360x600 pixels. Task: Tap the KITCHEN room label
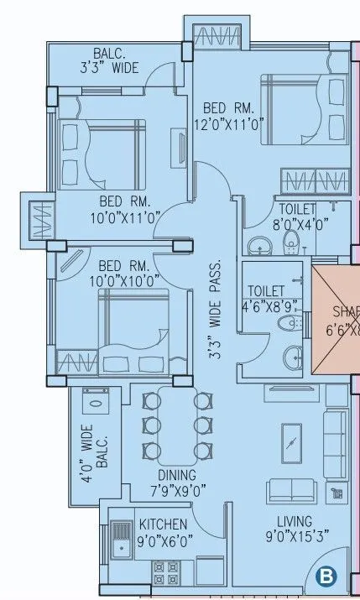[x=162, y=524]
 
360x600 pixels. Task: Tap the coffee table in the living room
[x=291, y=439]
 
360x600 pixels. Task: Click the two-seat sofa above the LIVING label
[x=290, y=492]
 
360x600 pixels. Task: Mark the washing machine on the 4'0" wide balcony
[x=97, y=404]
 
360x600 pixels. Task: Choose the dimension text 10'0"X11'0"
[x=123, y=217]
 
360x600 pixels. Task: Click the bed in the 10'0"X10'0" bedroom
[x=133, y=319]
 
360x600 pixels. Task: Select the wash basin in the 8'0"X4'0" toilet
[x=259, y=245]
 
